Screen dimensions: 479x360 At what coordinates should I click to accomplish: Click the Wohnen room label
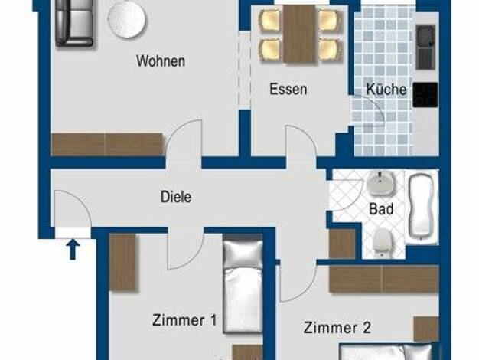click(161, 61)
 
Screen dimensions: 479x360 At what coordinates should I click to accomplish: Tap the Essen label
click(288, 89)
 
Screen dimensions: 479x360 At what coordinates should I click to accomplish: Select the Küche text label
click(386, 89)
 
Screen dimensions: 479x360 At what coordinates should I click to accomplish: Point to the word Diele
click(176, 197)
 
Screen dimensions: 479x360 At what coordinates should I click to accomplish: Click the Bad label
click(381, 209)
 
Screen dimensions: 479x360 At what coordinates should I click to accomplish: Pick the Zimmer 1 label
click(184, 320)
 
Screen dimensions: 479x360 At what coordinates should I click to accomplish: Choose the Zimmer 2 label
click(337, 328)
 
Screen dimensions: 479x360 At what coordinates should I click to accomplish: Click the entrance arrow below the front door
click(73, 249)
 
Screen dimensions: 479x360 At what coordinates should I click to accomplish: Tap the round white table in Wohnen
click(126, 20)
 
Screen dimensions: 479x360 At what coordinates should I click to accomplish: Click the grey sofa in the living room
click(74, 24)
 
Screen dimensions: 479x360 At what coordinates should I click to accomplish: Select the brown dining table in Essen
click(299, 34)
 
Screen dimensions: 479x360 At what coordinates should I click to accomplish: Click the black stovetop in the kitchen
click(425, 95)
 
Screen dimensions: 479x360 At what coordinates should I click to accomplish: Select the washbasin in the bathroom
click(381, 183)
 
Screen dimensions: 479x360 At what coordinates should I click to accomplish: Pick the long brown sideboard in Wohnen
click(106, 144)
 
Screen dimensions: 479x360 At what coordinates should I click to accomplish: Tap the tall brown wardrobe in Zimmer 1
click(122, 262)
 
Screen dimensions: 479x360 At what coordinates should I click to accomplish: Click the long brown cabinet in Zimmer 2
click(384, 279)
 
